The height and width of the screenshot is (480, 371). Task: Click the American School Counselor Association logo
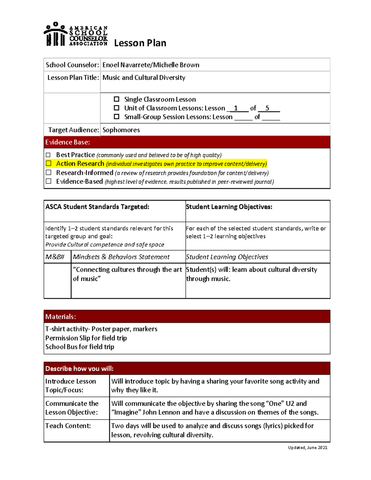pos(76,35)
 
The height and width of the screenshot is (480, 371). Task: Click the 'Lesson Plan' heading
pos(140,43)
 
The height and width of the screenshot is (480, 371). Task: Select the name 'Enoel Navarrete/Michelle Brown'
pos(151,65)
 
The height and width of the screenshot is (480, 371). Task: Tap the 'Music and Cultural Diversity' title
pos(144,78)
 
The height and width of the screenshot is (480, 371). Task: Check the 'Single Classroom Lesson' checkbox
pos(117,99)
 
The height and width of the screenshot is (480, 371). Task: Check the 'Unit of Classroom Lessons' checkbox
pos(117,108)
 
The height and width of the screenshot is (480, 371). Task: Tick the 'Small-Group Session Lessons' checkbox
pos(117,117)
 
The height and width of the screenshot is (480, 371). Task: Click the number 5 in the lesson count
pos(267,108)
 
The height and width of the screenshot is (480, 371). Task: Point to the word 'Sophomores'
pos(121,130)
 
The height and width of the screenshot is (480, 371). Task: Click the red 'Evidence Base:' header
pos(187,142)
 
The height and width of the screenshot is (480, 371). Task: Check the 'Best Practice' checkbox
pos(48,155)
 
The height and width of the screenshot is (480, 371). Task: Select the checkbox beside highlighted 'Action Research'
pos(49,164)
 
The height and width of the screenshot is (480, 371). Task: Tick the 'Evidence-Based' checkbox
pos(49,181)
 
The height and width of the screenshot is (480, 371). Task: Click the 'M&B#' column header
pos(55,257)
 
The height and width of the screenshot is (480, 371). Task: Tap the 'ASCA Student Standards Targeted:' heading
pos(97,207)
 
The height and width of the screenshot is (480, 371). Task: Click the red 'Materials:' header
pos(187,316)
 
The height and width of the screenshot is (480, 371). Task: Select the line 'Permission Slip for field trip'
pos(86,338)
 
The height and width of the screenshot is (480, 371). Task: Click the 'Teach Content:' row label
pos(68,426)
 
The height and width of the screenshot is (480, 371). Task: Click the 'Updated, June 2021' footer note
pos(307,447)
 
